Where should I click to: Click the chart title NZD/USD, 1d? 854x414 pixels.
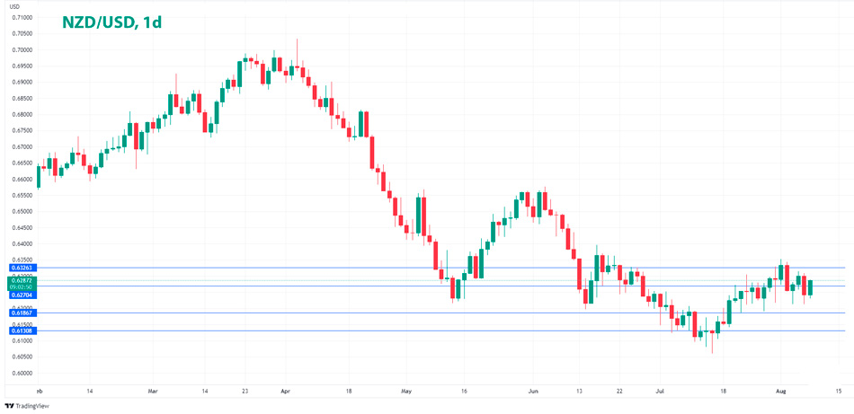111,22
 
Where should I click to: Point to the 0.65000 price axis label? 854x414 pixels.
22,211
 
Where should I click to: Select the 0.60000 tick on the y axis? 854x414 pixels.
22,373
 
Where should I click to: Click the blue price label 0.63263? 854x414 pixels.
22,268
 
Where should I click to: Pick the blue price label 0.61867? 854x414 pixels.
22,313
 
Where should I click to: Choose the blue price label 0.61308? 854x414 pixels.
22,330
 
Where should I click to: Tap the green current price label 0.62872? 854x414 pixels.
22,279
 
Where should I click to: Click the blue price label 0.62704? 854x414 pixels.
22,294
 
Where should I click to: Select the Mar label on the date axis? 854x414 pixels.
152,392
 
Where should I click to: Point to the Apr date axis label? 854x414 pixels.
285,392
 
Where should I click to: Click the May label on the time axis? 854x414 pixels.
406,392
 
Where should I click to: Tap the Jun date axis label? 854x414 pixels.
533,392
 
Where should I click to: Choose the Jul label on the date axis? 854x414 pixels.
660,392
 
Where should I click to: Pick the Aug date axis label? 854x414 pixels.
781,392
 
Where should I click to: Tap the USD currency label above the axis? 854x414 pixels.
15,7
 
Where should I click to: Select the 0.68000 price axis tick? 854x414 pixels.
22,114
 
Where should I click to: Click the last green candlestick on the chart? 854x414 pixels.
811,287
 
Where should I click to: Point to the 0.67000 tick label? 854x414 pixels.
22,146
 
